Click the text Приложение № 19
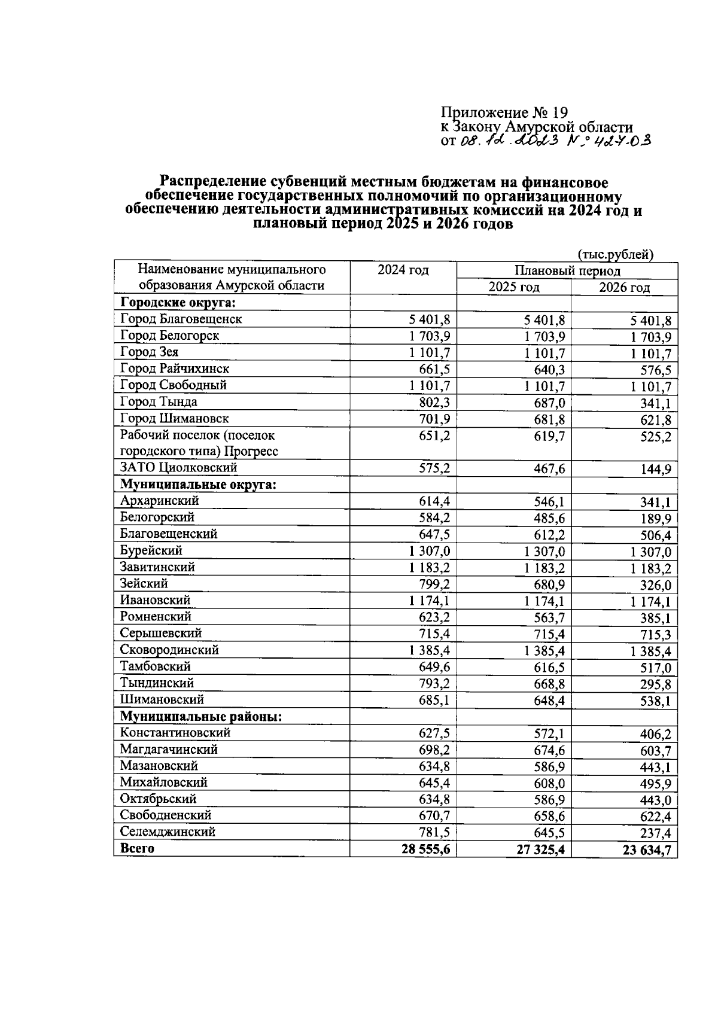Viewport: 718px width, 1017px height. [503, 112]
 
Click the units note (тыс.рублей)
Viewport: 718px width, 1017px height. [614, 255]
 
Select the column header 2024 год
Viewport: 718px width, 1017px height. [403, 270]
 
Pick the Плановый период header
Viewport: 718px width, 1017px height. [567, 271]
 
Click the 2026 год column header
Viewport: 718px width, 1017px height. [624, 288]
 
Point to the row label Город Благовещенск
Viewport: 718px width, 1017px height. [181, 319]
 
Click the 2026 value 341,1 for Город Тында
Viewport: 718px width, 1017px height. [655, 403]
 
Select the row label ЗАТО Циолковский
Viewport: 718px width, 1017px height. [178, 468]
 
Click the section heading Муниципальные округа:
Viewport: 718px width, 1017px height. [198, 484]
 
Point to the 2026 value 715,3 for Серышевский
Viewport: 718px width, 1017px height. [655, 634]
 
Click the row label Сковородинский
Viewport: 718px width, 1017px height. [169, 650]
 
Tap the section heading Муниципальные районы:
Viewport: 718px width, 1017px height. [200, 716]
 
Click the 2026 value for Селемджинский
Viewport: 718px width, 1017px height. [655, 833]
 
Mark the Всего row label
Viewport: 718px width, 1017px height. [137, 848]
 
